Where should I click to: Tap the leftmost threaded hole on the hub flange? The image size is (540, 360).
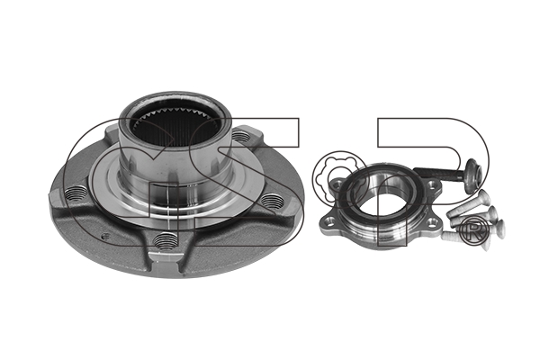[x=76, y=192]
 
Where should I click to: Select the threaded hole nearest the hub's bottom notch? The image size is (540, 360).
[x=166, y=238]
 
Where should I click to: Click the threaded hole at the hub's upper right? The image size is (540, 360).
[x=241, y=137]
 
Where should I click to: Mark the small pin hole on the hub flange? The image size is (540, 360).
[x=106, y=237]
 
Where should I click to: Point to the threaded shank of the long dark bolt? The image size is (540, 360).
[x=440, y=173]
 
